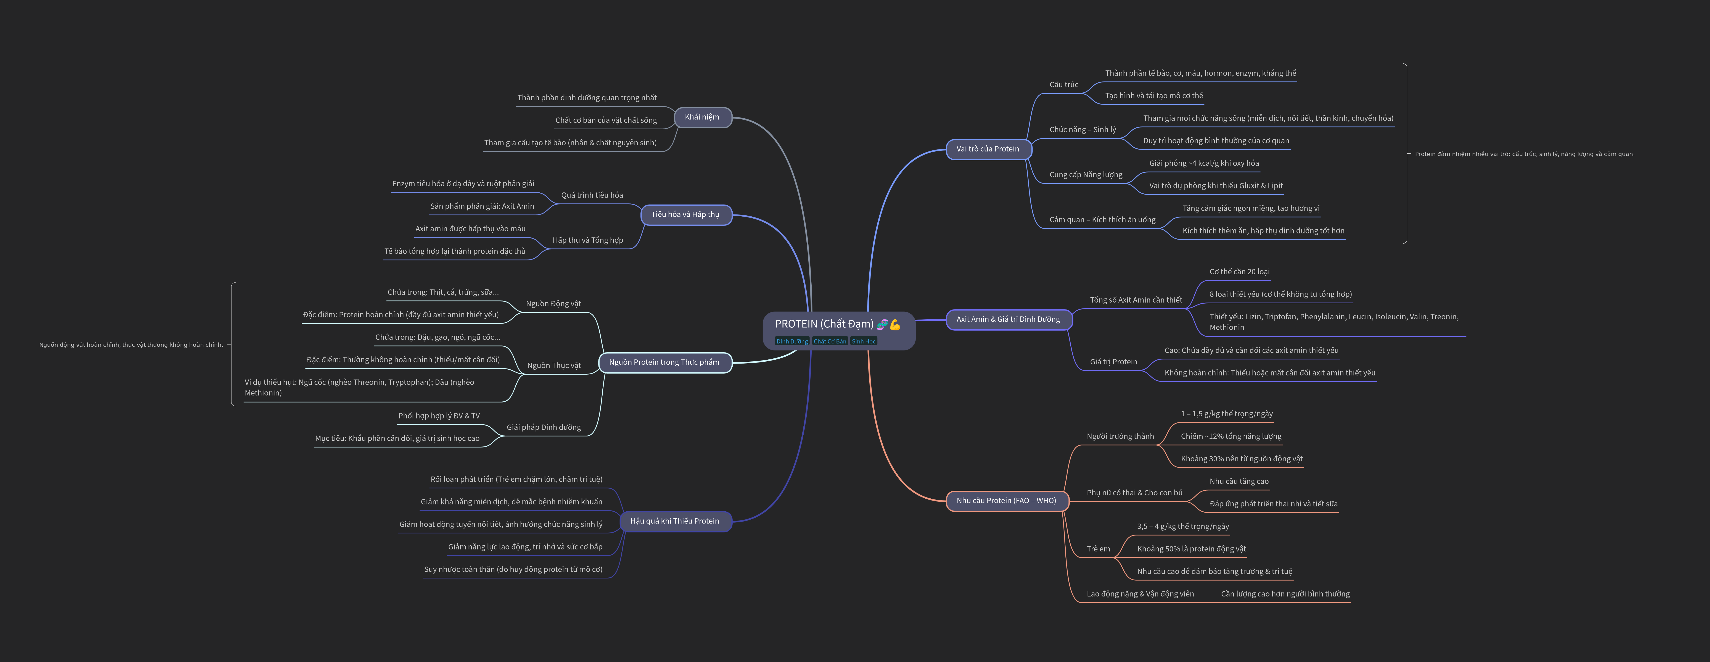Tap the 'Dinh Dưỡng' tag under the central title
792,341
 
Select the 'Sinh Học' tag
864,341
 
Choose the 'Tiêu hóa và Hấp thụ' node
685,214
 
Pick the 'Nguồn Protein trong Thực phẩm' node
664,363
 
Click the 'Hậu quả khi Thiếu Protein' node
674,521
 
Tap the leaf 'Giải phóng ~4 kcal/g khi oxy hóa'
1204,163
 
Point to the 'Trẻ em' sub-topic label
1098,549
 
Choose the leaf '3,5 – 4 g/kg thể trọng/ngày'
1182,527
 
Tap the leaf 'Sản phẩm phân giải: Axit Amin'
482,206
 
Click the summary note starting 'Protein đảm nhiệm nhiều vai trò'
1524,154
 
